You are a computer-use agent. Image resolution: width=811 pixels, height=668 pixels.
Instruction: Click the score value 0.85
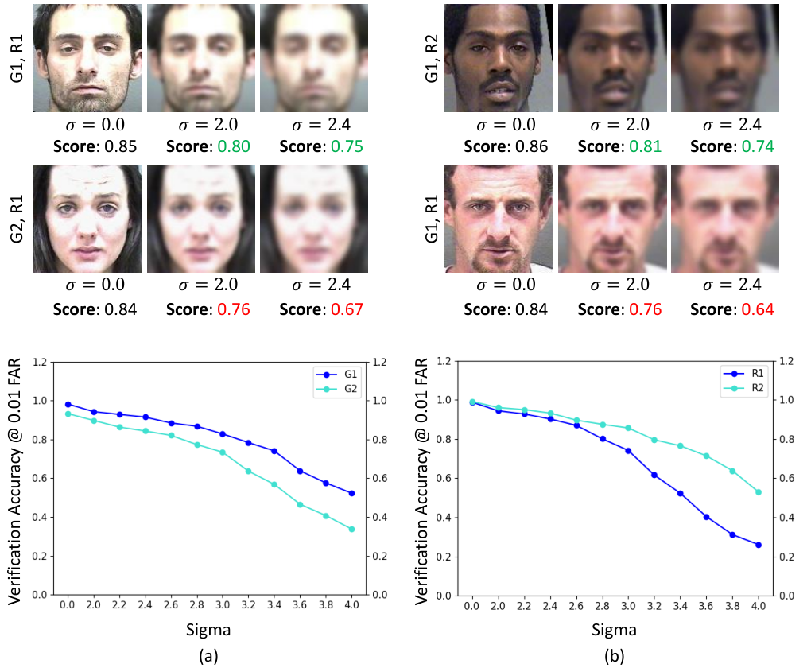pyautogui.click(x=121, y=146)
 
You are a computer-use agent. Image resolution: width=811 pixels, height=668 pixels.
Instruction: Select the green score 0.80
pyautogui.click(x=234, y=146)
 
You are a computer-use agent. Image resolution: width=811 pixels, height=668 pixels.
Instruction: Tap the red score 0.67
pyautogui.click(x=347, y=309)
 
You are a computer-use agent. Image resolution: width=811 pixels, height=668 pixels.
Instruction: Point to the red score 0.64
pyautogui.click(x=758, y=309)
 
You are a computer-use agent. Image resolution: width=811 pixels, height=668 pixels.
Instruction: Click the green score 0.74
pyautogui.click(x=758, y=146)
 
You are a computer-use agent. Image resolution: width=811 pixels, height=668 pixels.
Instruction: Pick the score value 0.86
pyautogui.click(x=531, y=146)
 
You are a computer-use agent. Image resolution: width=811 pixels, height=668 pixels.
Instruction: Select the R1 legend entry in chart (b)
pyautogui.click(x=743, y=373)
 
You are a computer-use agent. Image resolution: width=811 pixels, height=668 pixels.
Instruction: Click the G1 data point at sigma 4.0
pyautogui.click(x=351, y=494)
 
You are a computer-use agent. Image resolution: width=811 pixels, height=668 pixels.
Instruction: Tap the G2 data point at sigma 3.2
pyautogui.click(x=248, y=472)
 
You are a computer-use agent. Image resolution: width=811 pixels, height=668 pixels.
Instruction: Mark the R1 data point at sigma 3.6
pyautogui.click(x=707, y=517)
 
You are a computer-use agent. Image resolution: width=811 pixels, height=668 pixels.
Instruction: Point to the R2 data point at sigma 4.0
pyautogui.click(x=759, y=492)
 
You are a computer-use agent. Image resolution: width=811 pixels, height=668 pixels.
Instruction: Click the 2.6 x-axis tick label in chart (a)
pyautogui.click(x=171, y=605)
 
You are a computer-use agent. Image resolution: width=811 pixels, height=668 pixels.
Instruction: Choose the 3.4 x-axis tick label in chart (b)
pyautogui.click(x=680, y=606)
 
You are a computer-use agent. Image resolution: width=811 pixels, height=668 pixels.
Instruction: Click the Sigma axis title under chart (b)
pyautogui.click(x=614, y=630)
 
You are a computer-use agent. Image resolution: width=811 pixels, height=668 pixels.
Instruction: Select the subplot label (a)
pyautogui.click(x=208, y=656)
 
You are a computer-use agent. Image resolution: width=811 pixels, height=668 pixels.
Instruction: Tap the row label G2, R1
pyautogui.click(x=17, y=219)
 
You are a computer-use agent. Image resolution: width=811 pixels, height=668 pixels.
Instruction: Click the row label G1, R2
pyautogui.click(x=432, y=59)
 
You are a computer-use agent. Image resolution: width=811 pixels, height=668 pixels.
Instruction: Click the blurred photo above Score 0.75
pyautogui.click(x=314, y=58)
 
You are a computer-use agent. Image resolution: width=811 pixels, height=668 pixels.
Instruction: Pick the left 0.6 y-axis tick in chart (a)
pyautogui.click(x=40, y=479)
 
